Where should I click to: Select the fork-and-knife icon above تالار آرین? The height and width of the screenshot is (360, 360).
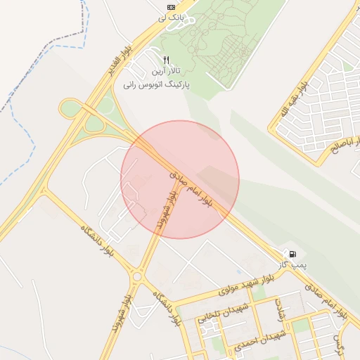click(166, 60)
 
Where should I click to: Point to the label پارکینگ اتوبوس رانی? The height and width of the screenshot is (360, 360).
click(157, 84)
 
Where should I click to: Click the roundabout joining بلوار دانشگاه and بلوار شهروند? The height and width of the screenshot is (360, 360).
click(136, 276)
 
